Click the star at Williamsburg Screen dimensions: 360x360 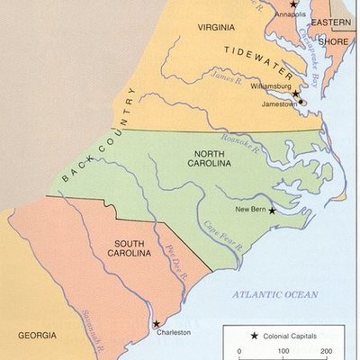(x=295, y=93)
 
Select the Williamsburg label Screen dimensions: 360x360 (x=271, y=86)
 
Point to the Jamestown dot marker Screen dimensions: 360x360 (x=302, y=102)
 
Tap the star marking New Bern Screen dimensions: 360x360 (x=272, y=210)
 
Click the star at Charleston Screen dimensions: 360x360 (x=156, y=324)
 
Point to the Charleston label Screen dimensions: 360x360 (x=174, y=332)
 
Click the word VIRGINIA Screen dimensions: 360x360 (x=216, y=28)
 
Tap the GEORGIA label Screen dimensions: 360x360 (x=37, y=334)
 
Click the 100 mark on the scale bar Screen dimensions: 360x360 (x=283, y=351)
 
